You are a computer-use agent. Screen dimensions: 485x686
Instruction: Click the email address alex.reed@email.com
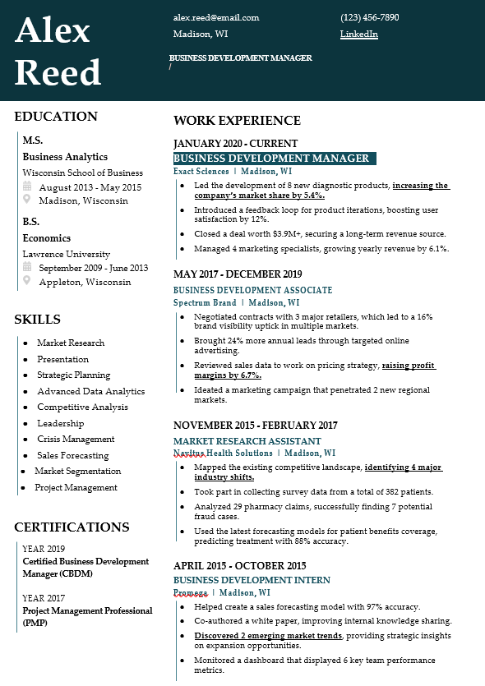tap(216, 17)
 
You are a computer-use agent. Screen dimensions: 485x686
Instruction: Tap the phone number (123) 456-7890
tap(369, 17)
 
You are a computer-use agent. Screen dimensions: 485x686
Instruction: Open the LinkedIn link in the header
tap(358, 34)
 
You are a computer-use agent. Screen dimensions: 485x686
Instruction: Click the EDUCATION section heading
tap(56, 117)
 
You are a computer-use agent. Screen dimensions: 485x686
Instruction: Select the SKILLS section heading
tap(38, 320)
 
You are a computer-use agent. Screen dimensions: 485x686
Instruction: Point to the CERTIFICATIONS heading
tap(72, 527)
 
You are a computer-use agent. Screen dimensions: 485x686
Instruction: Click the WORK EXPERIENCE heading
tap(237, 121)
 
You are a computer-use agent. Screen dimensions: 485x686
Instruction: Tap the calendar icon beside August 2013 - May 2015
tap(27, 187)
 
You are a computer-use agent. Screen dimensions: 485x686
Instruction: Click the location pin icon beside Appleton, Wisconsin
tap(27, 282)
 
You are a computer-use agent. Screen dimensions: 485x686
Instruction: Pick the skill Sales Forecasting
tap(72, 455)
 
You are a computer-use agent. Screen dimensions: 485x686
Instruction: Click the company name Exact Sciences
tap(201, 172)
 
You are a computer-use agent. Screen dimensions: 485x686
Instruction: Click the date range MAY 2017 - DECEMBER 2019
tap(238, 274)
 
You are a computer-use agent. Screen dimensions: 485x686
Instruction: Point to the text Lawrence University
tap(66, 255)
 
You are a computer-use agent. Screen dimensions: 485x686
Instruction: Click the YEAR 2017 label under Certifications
tap(44, 598)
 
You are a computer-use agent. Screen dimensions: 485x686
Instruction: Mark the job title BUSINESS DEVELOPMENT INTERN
tap(252, 580)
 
